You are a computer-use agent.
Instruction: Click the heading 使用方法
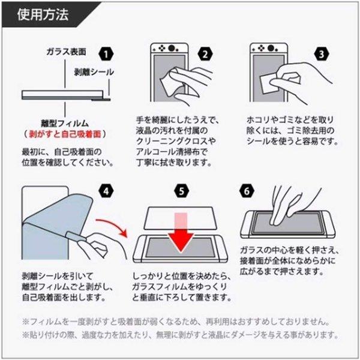[43, 14]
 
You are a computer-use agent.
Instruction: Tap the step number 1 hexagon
[106, 55]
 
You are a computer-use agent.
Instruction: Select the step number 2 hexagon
[205, 55]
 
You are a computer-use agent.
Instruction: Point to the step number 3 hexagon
[322, 55]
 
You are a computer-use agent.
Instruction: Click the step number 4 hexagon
[106, 191]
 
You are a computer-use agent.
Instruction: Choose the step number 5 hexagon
[181, 191]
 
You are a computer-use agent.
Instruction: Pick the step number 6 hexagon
[247, 191]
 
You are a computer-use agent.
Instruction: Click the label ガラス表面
[66, 52]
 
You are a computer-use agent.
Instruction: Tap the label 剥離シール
[94, 72]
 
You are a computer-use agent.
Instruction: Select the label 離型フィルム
[65, 124]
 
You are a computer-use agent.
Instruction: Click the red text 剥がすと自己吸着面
[65, 134]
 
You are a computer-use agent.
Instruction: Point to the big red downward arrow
[181, 232]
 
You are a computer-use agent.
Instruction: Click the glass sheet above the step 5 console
[181, 218]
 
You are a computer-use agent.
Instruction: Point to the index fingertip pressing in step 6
[274, 222]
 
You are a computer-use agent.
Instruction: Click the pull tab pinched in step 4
[76, 236]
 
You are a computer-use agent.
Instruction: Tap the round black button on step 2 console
[171, 49]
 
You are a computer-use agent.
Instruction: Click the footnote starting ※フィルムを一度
[176, 322]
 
